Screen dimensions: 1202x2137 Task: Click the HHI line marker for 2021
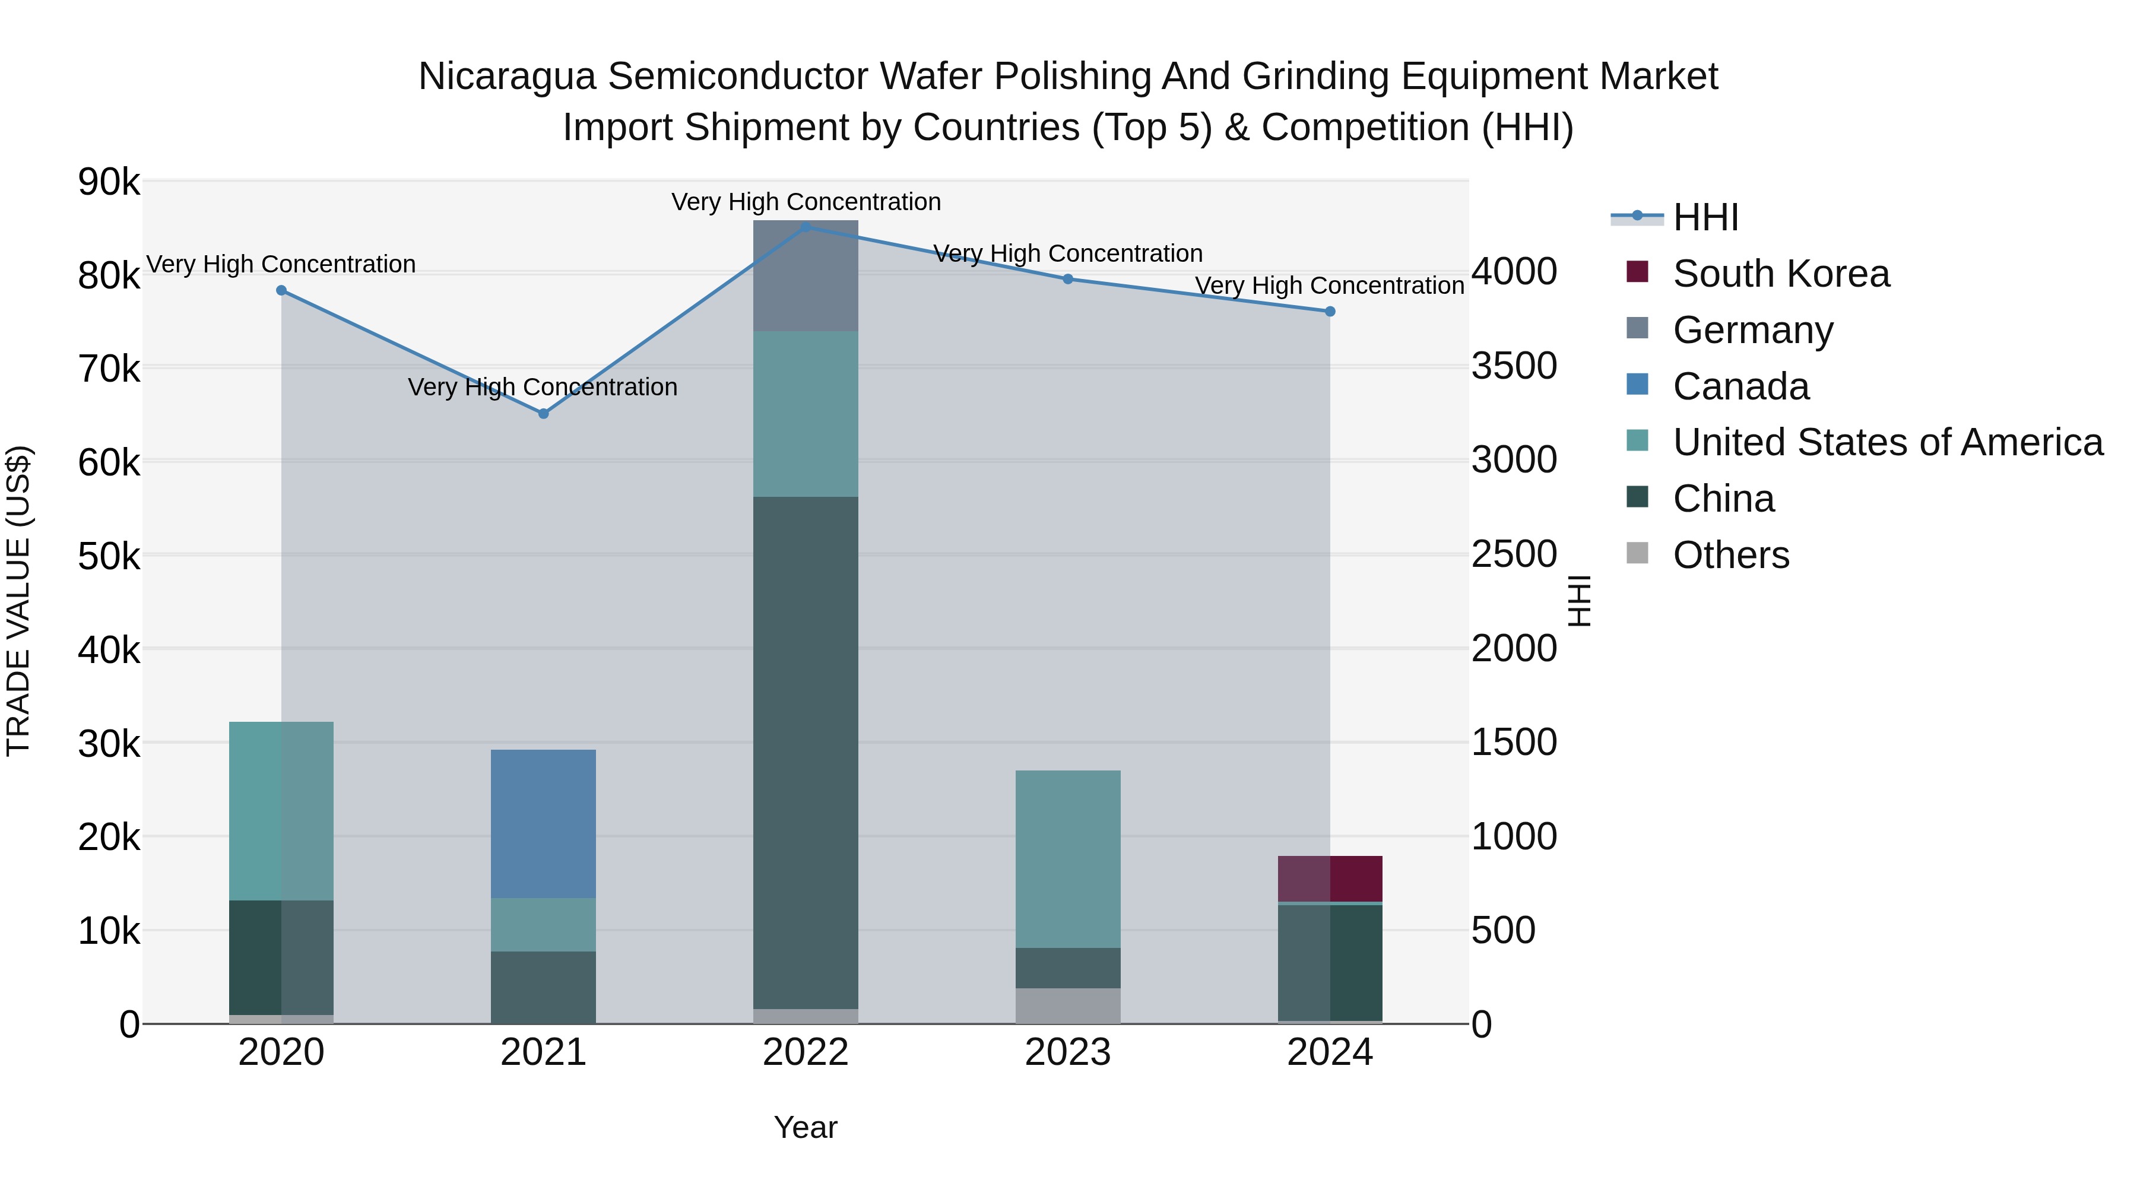(543, 413)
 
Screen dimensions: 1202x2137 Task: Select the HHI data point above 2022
(806, 227)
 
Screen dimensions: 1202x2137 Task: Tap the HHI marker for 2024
(1330, 311)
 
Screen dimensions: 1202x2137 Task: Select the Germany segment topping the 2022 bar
(806, 275)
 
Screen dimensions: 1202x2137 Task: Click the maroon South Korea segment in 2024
(1330, 878)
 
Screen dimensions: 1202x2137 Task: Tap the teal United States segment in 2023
(1068, 858)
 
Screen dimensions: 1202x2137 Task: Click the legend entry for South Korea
(1780, 274)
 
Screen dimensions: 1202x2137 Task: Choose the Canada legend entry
(1740, 386)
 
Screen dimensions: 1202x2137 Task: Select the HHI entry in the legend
(1705, 217)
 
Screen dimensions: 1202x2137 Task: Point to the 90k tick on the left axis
(109, 182)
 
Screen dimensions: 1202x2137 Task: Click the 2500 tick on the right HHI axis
(1514, 554)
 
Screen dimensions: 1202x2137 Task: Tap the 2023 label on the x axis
(1068, 1052)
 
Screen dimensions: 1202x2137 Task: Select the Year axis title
(806, 1127)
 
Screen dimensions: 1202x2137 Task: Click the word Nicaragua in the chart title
(507, 77)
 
